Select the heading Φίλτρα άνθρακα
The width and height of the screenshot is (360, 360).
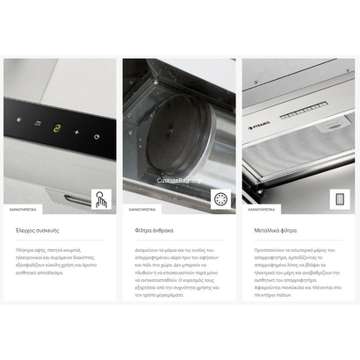coord(154,228)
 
